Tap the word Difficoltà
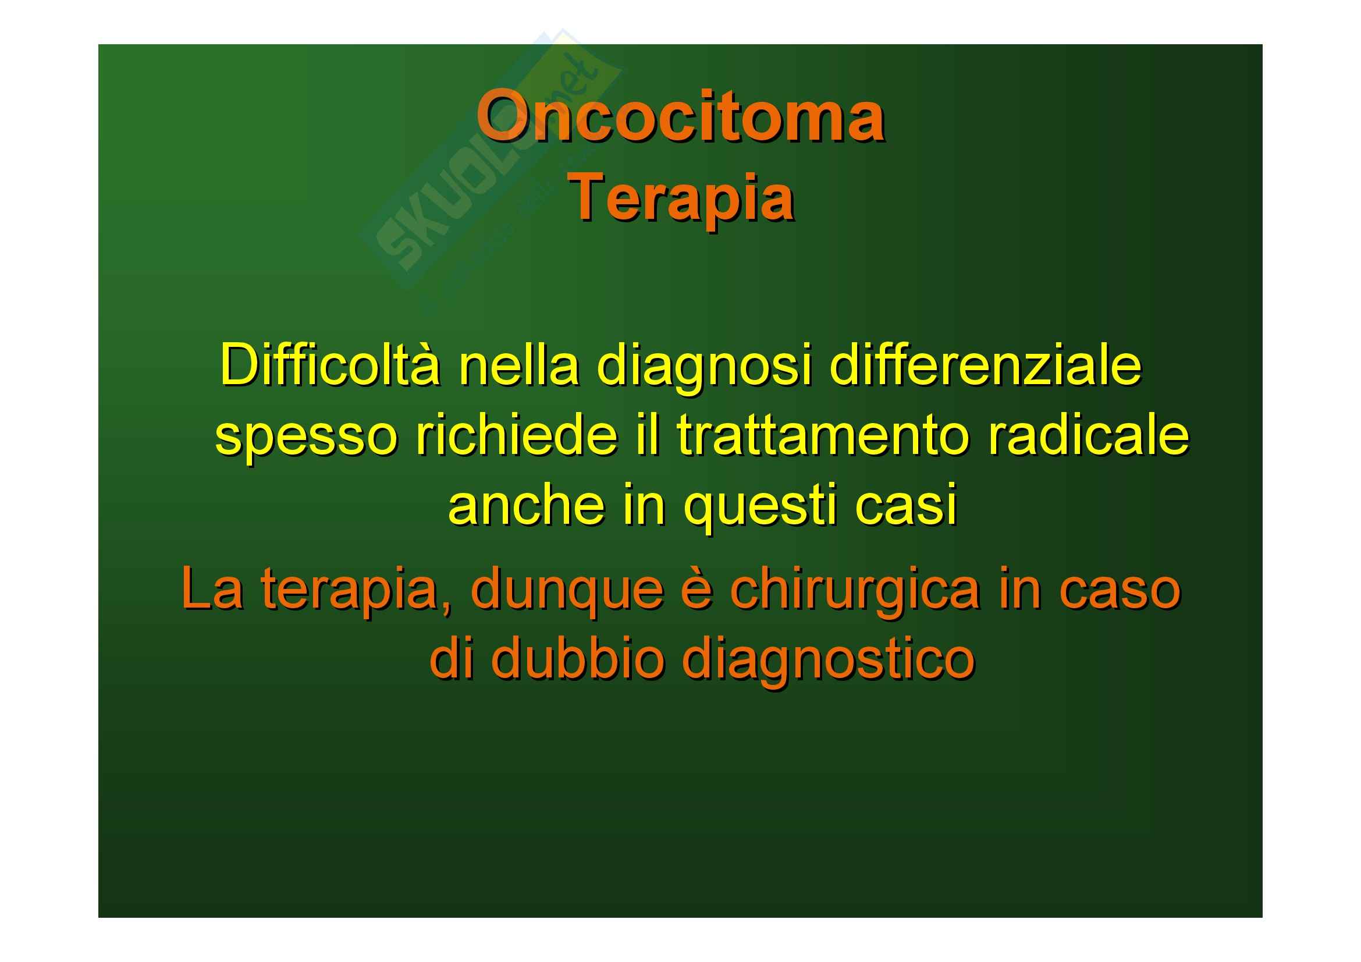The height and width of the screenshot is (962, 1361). coord(330,364)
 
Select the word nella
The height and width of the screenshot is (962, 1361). coord(518,365)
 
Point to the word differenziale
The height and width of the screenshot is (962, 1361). coord(985,365)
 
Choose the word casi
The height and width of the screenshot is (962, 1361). coord(907,505)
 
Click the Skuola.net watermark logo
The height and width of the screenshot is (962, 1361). coord(489,160)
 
